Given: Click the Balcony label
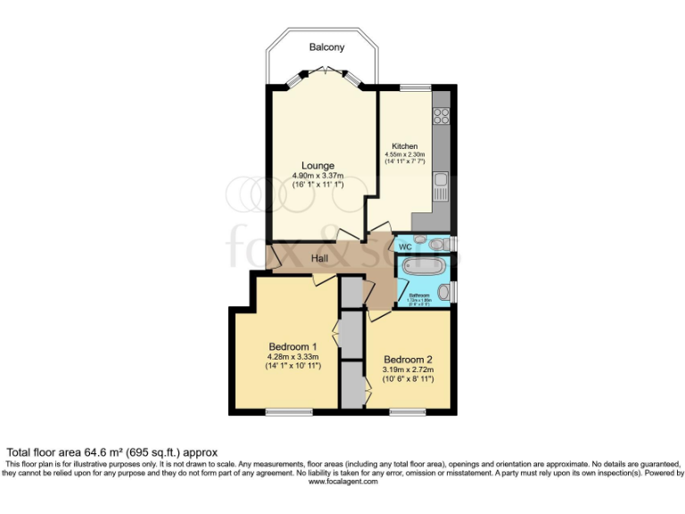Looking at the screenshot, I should click(x=326, y=47).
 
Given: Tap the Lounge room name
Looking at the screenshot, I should click(x=318, y=165).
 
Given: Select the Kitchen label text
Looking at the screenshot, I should click(x=405, y=145).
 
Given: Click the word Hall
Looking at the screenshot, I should click(x=319, y=259).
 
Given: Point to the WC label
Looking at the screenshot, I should click(x=404, y=245).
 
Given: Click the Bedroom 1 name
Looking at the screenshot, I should click(x=293, y=346).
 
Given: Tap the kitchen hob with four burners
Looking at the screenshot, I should click(x=441, y=115).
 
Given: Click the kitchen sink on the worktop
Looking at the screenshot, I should click(x=440, y=187).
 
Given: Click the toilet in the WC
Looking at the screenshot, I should click(x=437, y=244).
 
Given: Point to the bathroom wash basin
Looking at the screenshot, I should click(x=443, y=292).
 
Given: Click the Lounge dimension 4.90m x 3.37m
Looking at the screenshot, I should click(x=318, y=176).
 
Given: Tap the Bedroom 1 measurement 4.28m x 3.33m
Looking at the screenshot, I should click(x=293, y=356).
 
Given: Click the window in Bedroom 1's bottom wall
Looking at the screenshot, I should click(x=288, y=411).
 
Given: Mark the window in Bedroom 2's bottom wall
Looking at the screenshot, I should click(x=407, y=411).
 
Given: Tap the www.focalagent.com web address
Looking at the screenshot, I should click(x=342, y=481).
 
